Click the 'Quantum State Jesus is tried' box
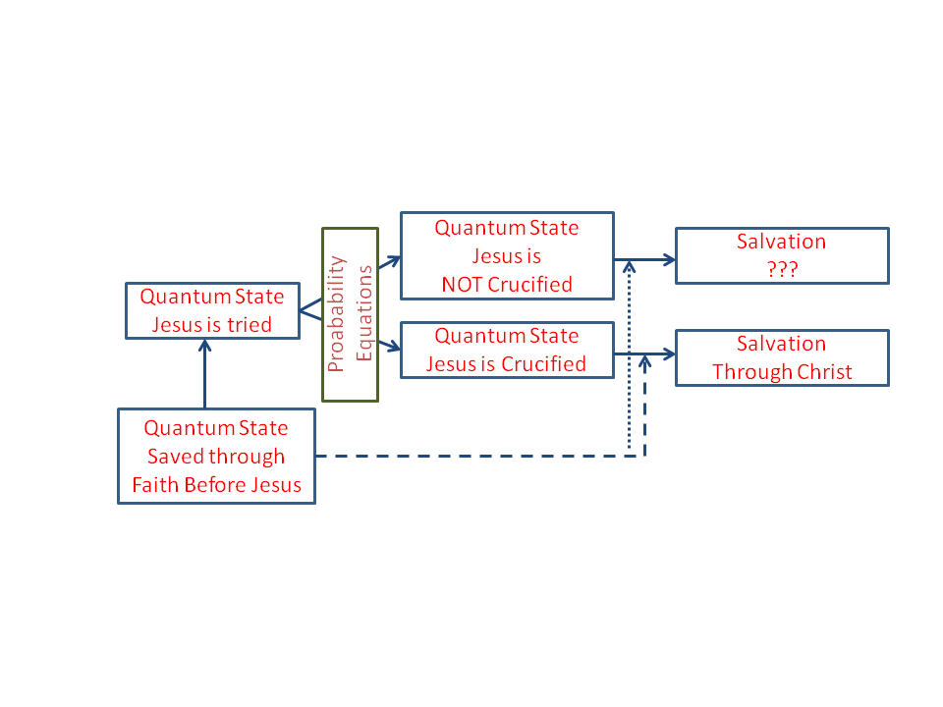pos(212,310)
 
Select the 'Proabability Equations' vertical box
pos(350,314)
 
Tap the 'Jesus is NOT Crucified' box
pos(507,255)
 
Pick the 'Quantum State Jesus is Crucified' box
pos(507,350)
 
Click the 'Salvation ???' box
pos(782,256)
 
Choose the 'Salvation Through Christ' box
pos(782,357)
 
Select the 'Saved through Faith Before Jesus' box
pos(216,457)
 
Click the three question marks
pos(782,270)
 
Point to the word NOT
pos(470,285)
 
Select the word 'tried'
pos(250,324)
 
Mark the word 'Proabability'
pos(337,314)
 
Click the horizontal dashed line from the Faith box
pos(471,457)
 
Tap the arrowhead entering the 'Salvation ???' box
pos(668,260)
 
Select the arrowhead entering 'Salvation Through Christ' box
pos(668,353)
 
